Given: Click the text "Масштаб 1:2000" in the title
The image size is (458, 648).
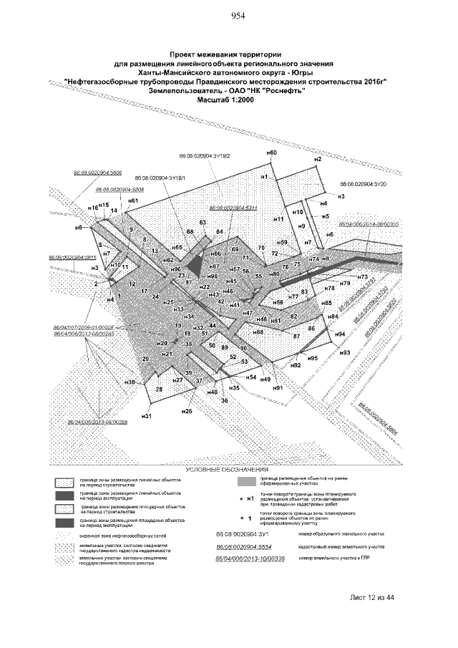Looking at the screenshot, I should (225, 100).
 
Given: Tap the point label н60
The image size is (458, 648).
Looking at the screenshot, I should (271, 153).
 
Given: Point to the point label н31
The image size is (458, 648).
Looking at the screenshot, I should (147, 415).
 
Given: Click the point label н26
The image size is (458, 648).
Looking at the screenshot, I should (187, 412).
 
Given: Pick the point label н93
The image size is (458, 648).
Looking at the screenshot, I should (344, 353).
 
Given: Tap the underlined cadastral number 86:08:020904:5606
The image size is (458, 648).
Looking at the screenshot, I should (97, 173).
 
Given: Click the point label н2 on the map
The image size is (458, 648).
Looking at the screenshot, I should (318, 158).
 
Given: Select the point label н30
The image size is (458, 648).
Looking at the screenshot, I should (130, 382).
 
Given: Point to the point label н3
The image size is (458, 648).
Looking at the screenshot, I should (341, 196).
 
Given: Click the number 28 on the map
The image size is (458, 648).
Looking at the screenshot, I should (159, 389).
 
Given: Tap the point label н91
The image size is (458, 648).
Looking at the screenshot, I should (278, 387).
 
